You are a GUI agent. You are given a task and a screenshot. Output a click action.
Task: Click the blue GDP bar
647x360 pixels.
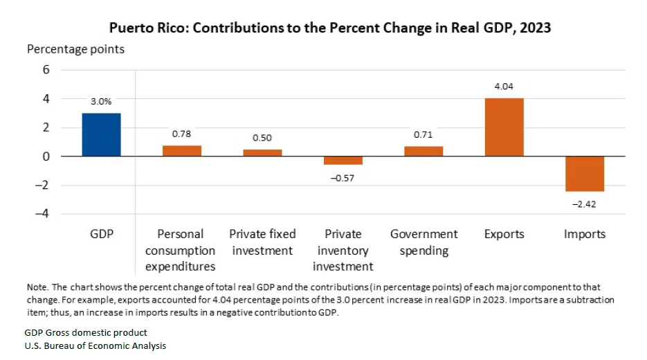pyautogui.click(x=101, y=134)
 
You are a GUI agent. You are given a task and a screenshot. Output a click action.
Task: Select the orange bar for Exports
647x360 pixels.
pyautogui.click(x=504, y=127)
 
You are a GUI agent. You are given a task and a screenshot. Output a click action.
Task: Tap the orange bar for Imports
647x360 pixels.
pyautogui.click(x=585, y=174)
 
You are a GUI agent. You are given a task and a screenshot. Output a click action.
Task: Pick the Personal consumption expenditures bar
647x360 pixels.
pyautogui.click(x=181, y=151)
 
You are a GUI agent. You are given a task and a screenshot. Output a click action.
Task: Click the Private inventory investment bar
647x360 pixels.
pyautogui.click(x=343, y=161)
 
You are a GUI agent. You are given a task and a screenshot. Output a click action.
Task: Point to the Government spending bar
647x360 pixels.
pyautogui.click(x=423, y=151)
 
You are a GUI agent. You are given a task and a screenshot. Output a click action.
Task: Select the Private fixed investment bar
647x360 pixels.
pyautogui.click(x=262, y=153)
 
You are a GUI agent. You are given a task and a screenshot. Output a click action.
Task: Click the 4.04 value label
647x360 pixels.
pyautogui.click(x=504, y=87)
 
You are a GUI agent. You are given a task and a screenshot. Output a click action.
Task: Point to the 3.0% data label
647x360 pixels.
pyautogui.click(x=101, y=101)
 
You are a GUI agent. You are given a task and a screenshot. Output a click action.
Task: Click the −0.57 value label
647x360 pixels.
pyautogui.click(x=343, y=177)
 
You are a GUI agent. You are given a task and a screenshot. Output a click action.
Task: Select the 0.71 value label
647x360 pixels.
pyautogui.click(x=423, y=134)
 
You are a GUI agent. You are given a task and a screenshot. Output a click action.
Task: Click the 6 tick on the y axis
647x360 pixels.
pyautogui.click(x=46, y=69)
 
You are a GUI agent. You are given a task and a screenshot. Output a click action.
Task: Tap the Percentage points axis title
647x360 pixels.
pyautogui.click(x=75, y=49)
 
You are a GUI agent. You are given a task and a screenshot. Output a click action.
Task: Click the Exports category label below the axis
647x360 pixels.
pyautogui.click(x=504, y=234)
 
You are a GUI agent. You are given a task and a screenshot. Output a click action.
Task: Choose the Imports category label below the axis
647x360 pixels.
pyautogui.click(x=585, y=234)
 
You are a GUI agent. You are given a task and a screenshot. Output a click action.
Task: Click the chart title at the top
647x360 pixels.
pyautogui.click(x=330, y=28)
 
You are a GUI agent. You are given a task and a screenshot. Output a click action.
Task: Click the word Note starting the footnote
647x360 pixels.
pyautogui.click(x=36, y=287)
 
